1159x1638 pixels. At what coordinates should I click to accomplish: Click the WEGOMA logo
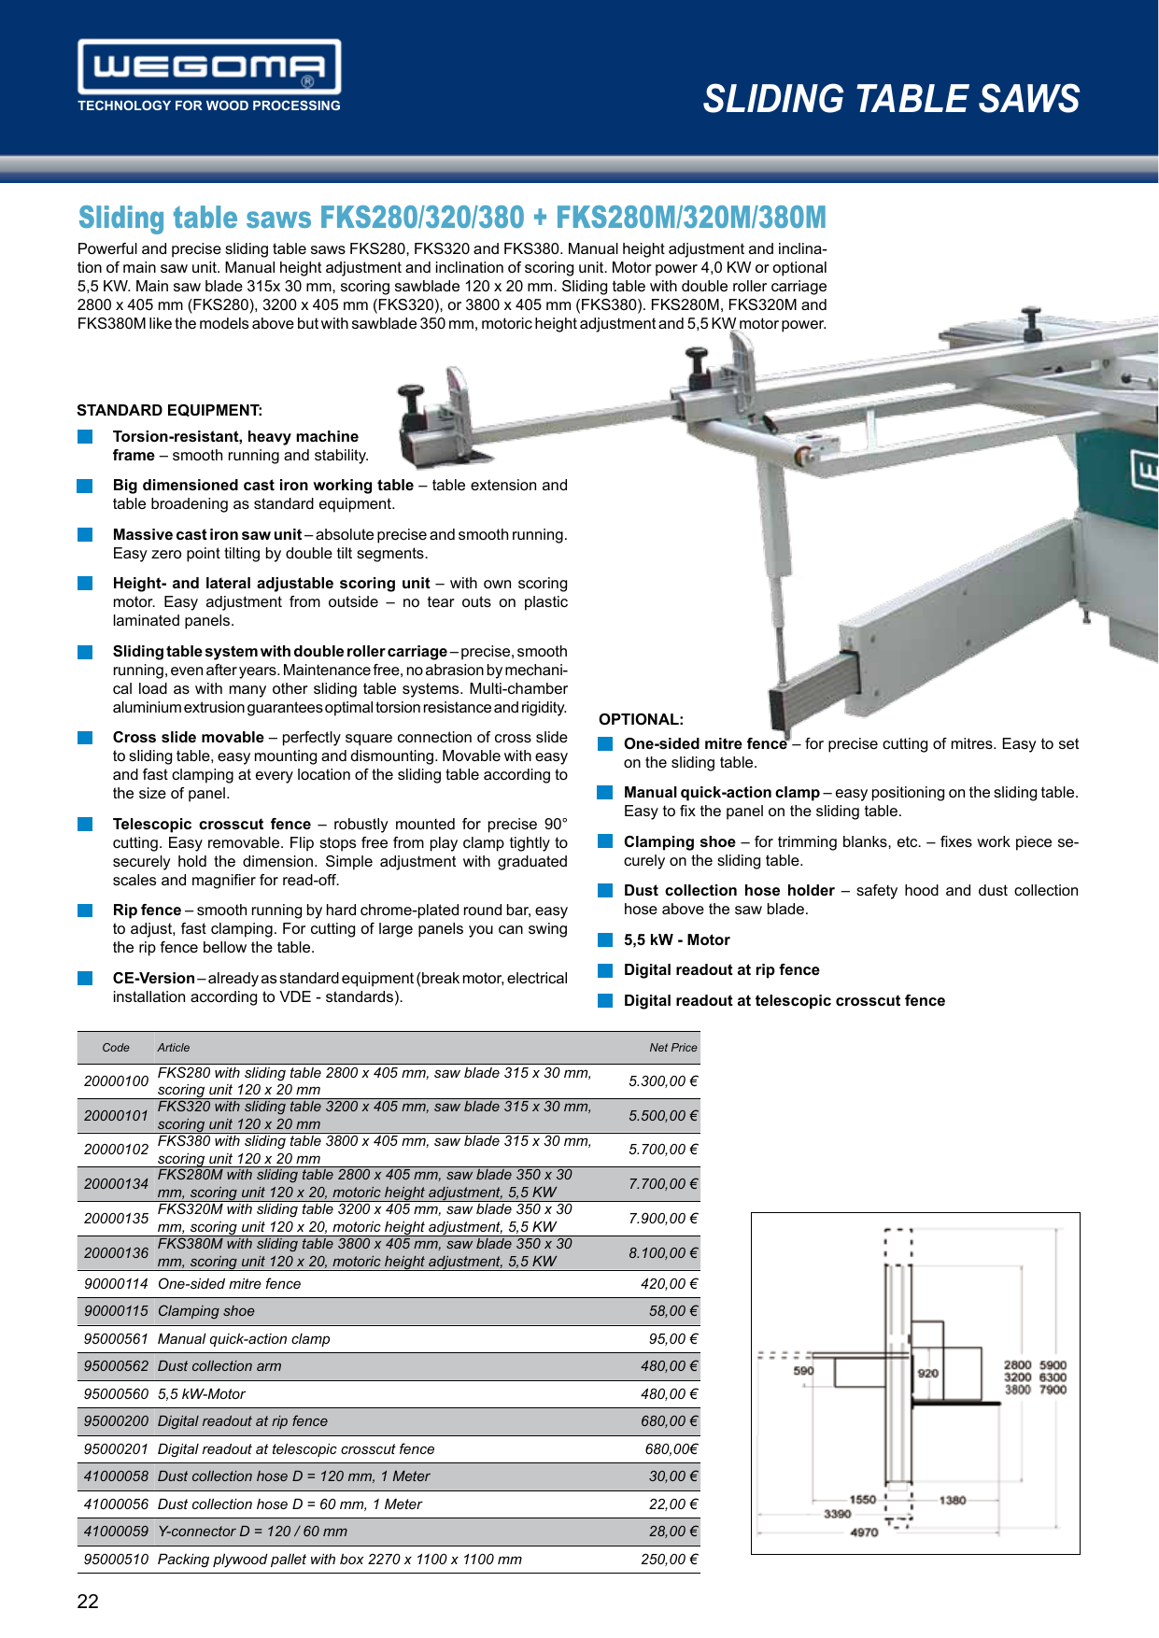pyautogui.click(x=209, y=67)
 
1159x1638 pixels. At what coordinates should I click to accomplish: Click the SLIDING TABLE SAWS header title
pyautogui.click(x=891, y=99)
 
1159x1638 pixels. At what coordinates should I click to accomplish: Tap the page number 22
pyautogui.click(x=88, y=1601)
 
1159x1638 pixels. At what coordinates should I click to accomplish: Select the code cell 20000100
pyautogui.click(x=116, y=1081)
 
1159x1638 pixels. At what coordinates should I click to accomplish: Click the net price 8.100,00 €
pyautogui.click(x=663, y=1252)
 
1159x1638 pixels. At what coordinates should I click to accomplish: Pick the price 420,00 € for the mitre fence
pyautogui.click(x=669, y=1284)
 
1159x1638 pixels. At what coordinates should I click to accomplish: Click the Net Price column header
pyautogui.click(x=672, y=1048)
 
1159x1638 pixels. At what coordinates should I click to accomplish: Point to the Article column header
pyautogui.click(x=174, y=1048)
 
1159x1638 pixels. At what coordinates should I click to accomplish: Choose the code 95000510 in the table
pyautogui.click(x=116, y=1560)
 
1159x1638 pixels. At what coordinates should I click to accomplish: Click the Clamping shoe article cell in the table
pyautogui.click(x=206, y=1311)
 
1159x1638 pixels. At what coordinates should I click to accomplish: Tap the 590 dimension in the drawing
pyautogui.click(x=803, y=1371)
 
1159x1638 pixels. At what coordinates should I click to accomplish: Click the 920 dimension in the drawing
pyautogui.click(x=927, y=1373)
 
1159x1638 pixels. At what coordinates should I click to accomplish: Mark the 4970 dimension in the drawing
pyautogui.click(x=864, y=1532)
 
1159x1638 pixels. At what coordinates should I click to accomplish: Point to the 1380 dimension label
pyautogui.click(x=953, y=1500)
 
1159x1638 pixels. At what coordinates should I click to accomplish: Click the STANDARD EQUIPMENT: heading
pyautogui.click(x=169, y=411)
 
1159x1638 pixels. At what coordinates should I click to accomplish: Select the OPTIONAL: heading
pyautogui.click(x=641, y=720)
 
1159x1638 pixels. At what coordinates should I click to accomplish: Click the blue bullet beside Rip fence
pyautogui.click(x=85, y=911)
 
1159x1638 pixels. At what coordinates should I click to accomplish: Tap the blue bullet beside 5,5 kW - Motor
pyautogui.click(x=605, y=940)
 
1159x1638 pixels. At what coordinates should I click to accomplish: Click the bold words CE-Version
pyautogui.click(x=153, y=979)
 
